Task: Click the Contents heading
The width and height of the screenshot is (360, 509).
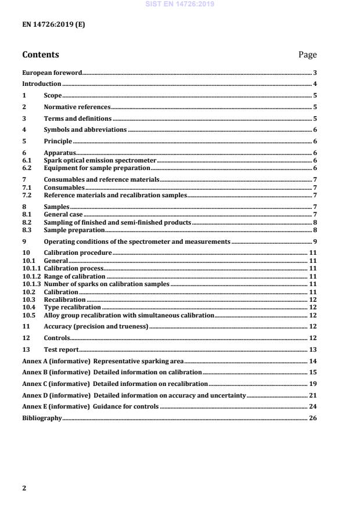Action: (40, 55)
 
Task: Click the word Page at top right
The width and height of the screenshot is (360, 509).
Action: (307, 55)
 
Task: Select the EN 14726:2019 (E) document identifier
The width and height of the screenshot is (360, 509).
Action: (53, 25)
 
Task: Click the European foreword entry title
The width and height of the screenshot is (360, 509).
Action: (52, 73)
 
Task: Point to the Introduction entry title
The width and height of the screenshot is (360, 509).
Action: (41, 84)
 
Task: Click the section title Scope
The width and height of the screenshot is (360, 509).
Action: (53, 95)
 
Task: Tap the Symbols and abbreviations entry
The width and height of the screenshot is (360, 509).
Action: (85, 129)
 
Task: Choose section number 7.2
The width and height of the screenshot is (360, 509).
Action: (27, 196)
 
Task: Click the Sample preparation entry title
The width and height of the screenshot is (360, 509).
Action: (71, 230)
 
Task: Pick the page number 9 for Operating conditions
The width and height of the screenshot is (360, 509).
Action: (314, 241)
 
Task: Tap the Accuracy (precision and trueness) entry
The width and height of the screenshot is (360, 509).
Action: (96, 327)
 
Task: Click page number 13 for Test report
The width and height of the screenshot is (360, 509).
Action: (312, 349)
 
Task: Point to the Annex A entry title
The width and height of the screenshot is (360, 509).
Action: (102, 361)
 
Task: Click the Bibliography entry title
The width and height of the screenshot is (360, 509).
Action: (41, 418)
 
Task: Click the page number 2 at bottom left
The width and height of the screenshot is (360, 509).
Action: (24, 488)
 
